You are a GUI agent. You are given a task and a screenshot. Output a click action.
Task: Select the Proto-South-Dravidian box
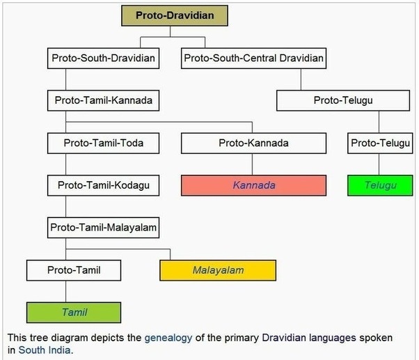[x=103, y=58]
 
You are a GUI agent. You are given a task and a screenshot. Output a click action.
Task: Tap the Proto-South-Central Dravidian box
[x=253, y=58]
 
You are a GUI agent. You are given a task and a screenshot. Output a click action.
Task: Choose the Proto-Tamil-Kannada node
[x=103, y=100]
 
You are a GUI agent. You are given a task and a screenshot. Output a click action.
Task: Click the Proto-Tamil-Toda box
[x=103, y=143]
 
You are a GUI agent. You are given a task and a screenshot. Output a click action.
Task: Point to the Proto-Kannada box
[x=253, y=143]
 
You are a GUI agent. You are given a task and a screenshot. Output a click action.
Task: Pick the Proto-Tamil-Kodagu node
[x=103, y=185]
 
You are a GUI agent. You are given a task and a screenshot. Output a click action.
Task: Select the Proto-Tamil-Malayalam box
[x=103, y=227]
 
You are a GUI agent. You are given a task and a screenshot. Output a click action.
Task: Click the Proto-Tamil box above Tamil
[x=74, y=269]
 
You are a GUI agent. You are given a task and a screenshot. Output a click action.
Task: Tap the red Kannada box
[x=253, y=185]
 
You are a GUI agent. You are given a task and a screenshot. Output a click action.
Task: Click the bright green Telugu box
[x=379, y=185]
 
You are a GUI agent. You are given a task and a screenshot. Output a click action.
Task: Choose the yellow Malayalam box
[x=218, y=269]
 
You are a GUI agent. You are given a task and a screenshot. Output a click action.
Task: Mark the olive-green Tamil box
[x=74, y=312]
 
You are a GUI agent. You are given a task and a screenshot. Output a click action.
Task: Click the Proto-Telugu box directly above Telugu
[x=379, y=143]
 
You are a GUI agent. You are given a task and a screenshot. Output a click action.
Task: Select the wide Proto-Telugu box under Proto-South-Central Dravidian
[x=343, y=100]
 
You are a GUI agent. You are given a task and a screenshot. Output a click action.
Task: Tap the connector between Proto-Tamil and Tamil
[x=66, y=291]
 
